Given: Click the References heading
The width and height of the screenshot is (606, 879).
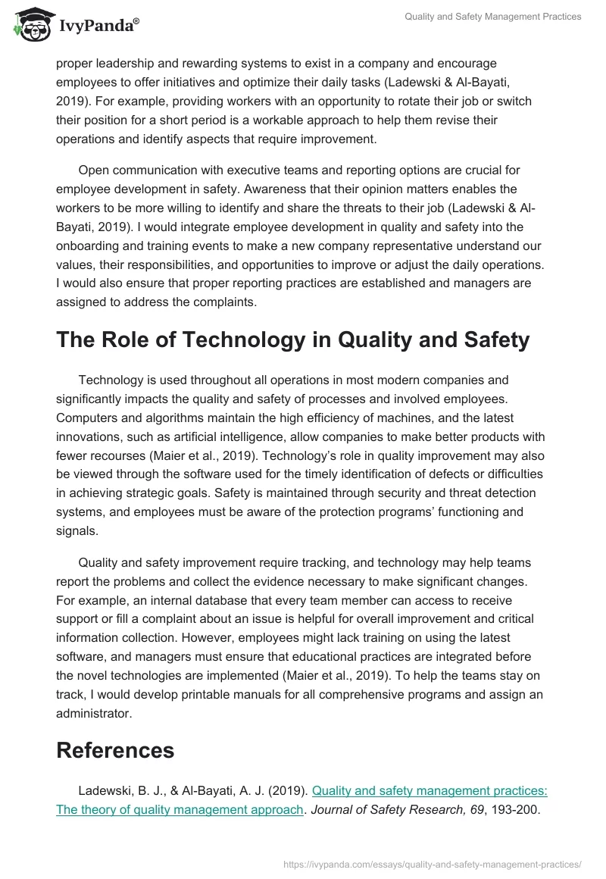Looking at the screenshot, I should (115, 749).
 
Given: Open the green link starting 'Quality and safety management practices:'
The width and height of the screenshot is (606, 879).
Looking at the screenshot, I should (430, 790).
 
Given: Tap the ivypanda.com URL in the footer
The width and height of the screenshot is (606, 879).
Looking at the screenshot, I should (433, 863).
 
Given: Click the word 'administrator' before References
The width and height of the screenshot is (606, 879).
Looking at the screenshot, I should (93, 713).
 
